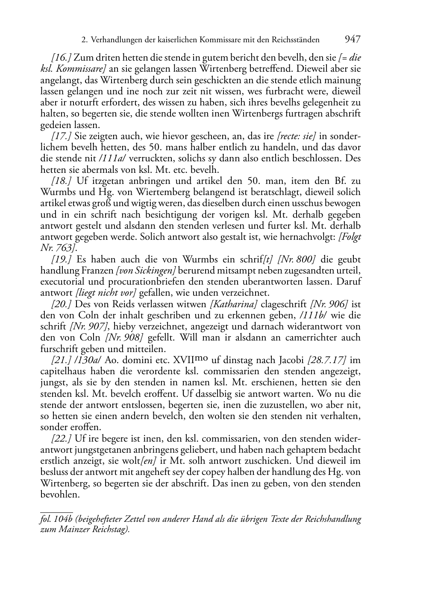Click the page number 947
point(353,40)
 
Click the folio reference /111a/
point(112,159)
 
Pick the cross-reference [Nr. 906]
point(329,304)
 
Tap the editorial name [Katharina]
point(233,304)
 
